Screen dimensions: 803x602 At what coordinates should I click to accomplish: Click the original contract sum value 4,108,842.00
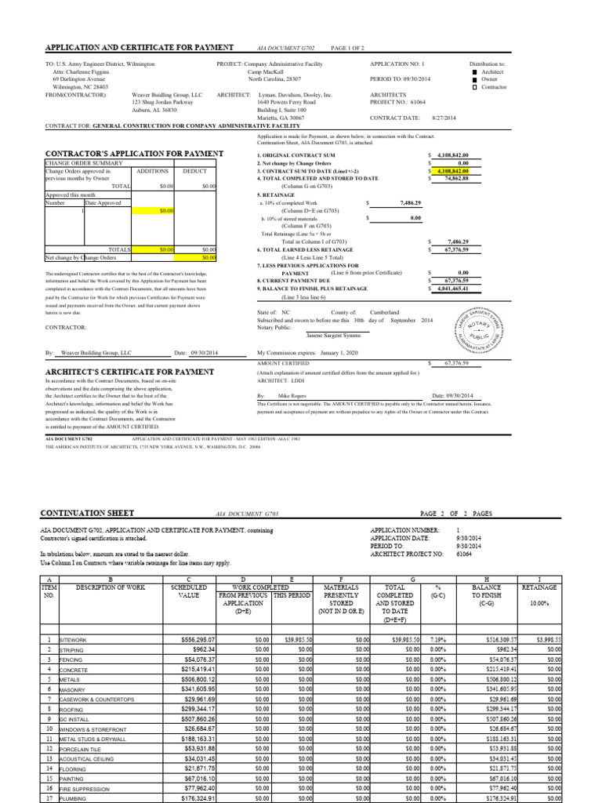click(453, 156)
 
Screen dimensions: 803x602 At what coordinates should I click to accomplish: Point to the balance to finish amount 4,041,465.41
click(453, 289)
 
